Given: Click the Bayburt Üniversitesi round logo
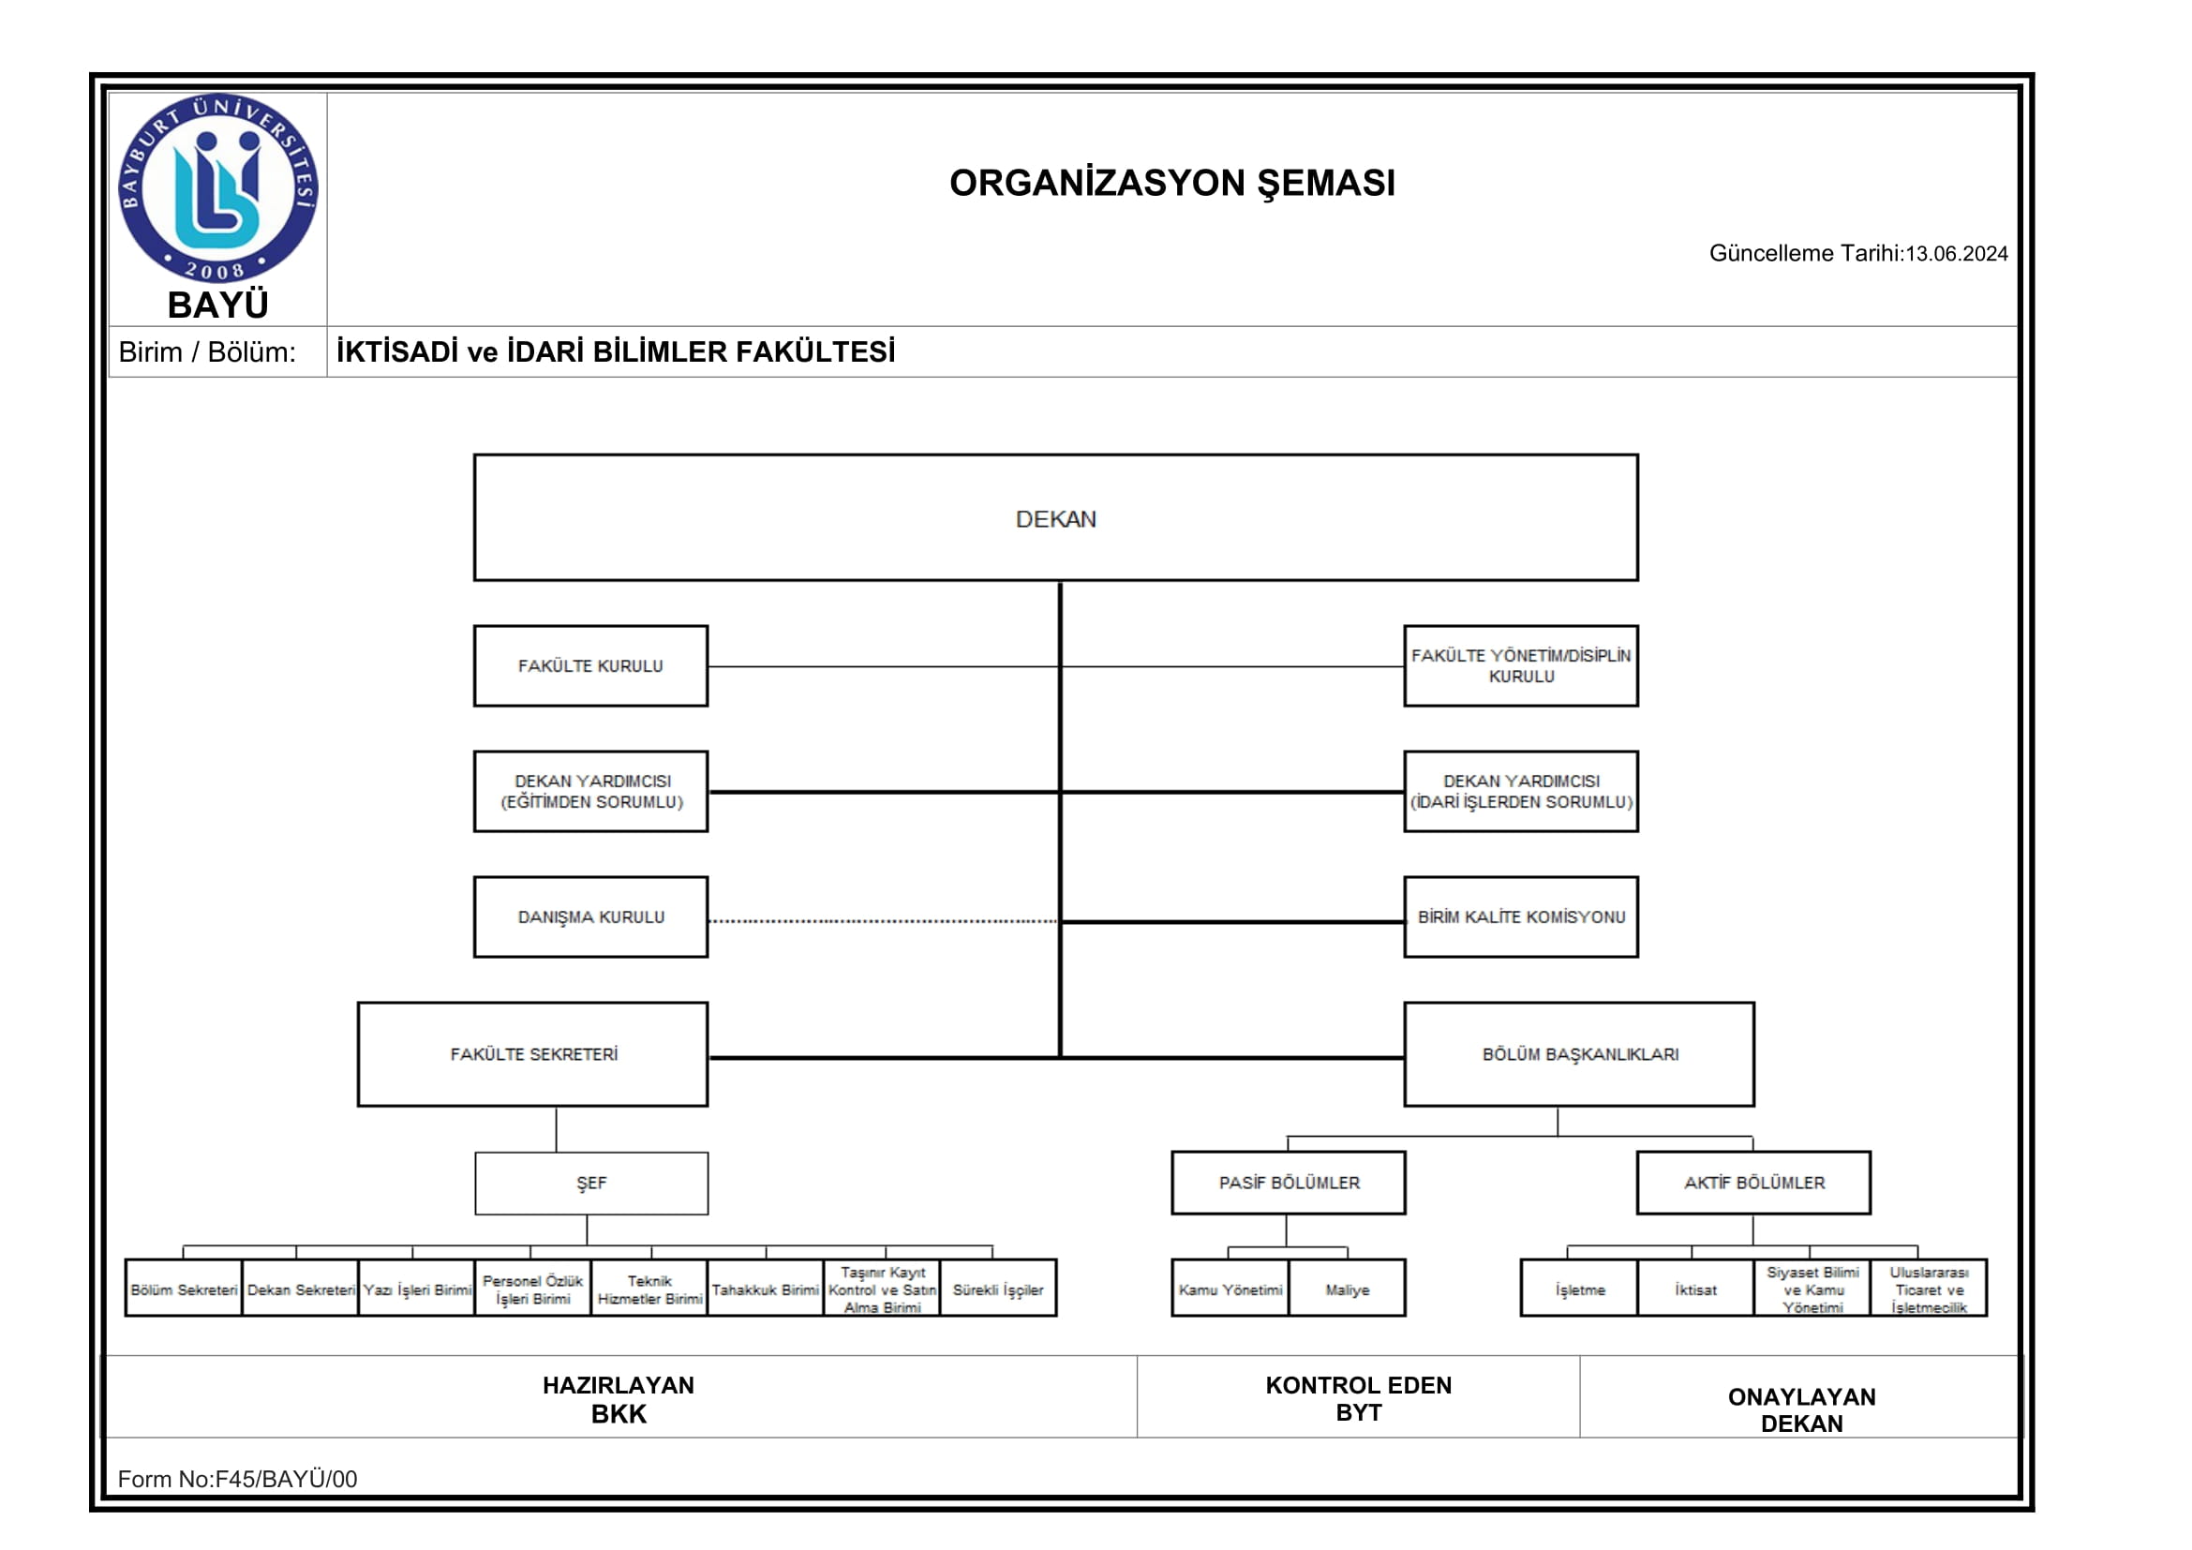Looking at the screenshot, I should coord(217,188).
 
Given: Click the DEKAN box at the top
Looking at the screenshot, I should coord(1055,518).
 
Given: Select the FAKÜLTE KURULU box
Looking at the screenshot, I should coord(590,666).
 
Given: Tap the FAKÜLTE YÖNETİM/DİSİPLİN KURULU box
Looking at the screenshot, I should coord(1521,666).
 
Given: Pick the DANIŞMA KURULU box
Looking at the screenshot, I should coord(590,917).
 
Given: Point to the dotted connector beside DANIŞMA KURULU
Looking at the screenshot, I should coord(883,922).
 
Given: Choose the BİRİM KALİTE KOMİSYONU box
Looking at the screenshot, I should coord(1521,917).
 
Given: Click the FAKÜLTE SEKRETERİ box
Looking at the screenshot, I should coord(532,1054).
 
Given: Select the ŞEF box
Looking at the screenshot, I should coord(591,1184).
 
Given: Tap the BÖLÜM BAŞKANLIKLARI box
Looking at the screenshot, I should coord(1579,1054).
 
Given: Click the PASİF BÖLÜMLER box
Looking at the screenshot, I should coord(1289,1184).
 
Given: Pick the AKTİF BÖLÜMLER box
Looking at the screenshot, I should coord(1753,1184).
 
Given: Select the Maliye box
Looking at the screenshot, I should coord(1347,1289).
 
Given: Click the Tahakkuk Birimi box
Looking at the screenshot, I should coord(765,1289).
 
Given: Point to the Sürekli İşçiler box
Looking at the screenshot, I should coord(998,1289).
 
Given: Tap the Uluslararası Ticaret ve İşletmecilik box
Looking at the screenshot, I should coord(1929,1289).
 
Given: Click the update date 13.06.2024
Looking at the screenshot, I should coord(1956,254).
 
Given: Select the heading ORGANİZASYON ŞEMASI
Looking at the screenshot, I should coord(1171,184).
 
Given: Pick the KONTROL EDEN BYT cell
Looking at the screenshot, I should coord(1358,1398).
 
